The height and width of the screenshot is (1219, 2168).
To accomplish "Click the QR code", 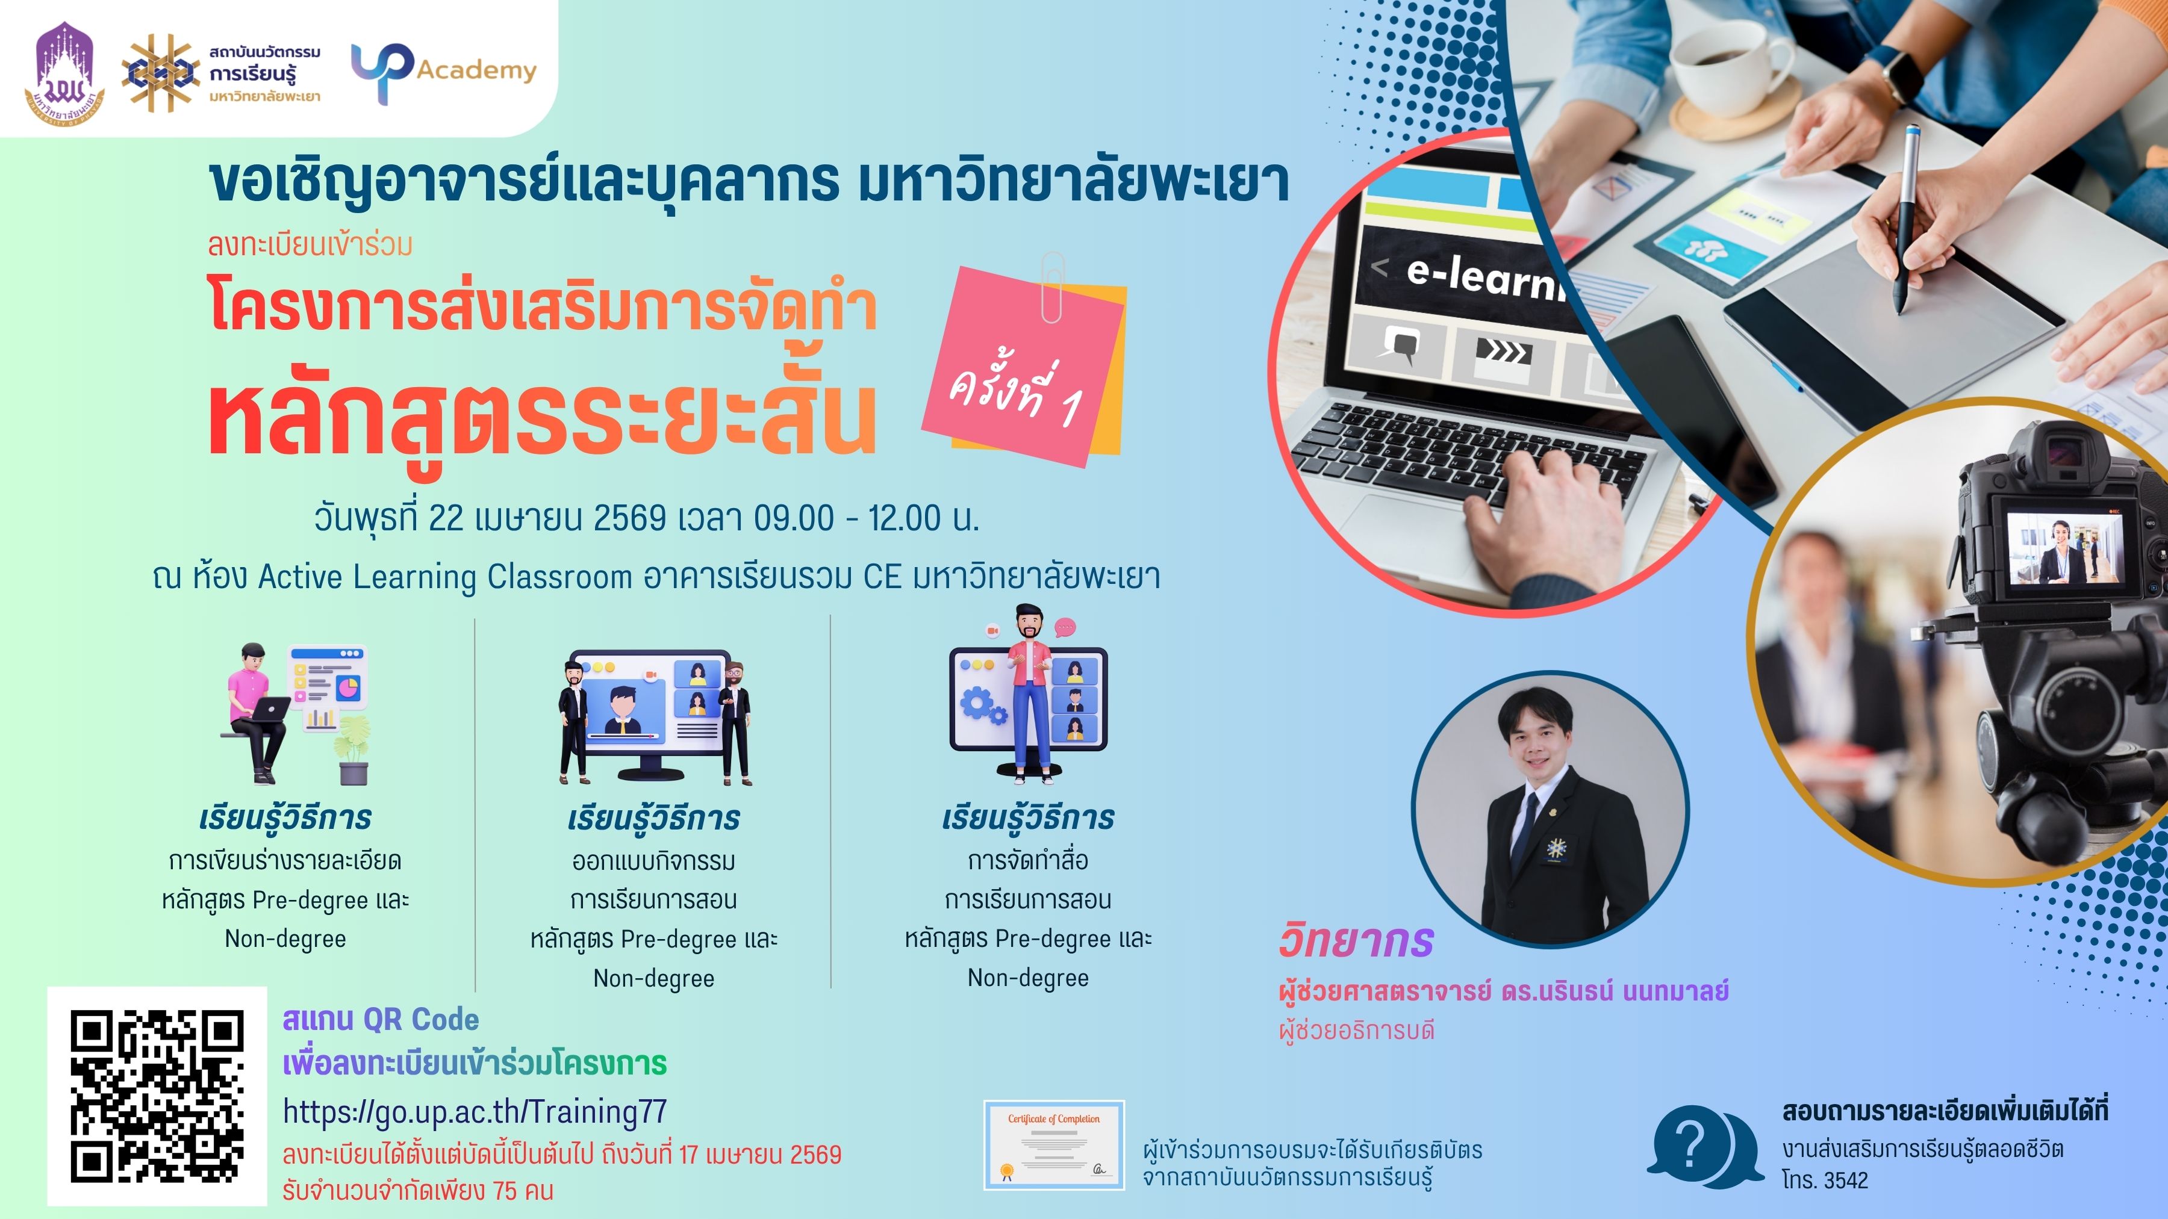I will (x=157, y=1096).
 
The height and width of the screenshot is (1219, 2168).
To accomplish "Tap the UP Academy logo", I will (x=443, y=72).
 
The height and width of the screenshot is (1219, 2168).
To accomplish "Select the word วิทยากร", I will (x=1355, y=940).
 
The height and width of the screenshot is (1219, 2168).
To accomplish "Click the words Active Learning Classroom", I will (x=444, y=577).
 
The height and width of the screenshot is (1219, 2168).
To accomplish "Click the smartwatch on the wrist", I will (x=1905, y=74).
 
